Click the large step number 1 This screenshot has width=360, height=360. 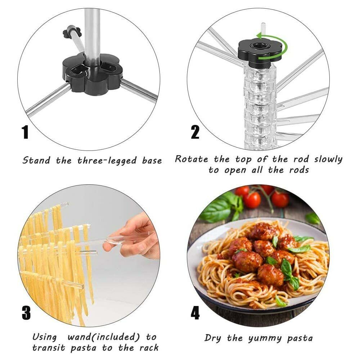(25, 132)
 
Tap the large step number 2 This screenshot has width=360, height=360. (195, 132)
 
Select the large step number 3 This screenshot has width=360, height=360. (26, 313)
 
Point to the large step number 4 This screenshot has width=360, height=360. (195, 313)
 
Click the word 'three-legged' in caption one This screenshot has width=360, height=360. (107, 161)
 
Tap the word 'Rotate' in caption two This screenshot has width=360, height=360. (192, 159)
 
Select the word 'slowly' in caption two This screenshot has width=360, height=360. (328, 159)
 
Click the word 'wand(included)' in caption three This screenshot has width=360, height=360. (104, 337)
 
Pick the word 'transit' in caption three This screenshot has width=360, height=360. (49, 348)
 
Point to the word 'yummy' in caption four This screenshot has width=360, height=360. (265, 338)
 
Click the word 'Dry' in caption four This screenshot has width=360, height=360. (213, 338)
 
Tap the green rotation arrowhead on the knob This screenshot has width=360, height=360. (260, 36)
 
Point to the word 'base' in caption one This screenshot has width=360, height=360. (152, 160)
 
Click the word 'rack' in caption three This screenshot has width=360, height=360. (149, 348)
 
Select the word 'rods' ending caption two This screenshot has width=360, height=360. (299, 170)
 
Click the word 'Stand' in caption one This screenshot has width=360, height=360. (36, 160)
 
